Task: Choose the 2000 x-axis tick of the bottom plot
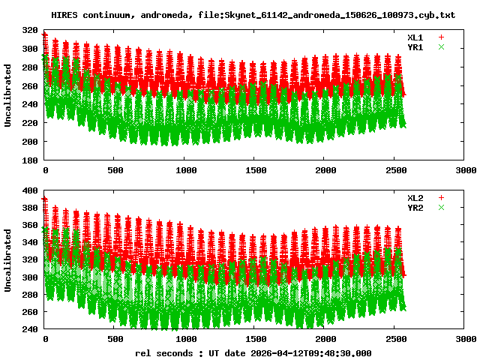pos(325,340)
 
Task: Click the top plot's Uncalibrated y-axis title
pos(8,95)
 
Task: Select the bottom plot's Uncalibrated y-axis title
pos(8,259)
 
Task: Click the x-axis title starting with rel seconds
pos(253,352)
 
